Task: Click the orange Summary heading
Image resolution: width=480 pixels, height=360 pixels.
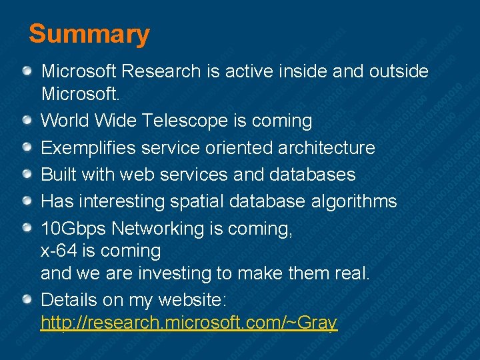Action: [x=89, y=34]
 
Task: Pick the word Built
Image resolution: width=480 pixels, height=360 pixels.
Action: [x=59, y=175]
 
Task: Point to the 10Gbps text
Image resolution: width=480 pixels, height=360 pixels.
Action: [x=73, y=229]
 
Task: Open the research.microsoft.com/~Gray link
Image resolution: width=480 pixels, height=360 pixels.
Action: [x=189, y=323]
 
